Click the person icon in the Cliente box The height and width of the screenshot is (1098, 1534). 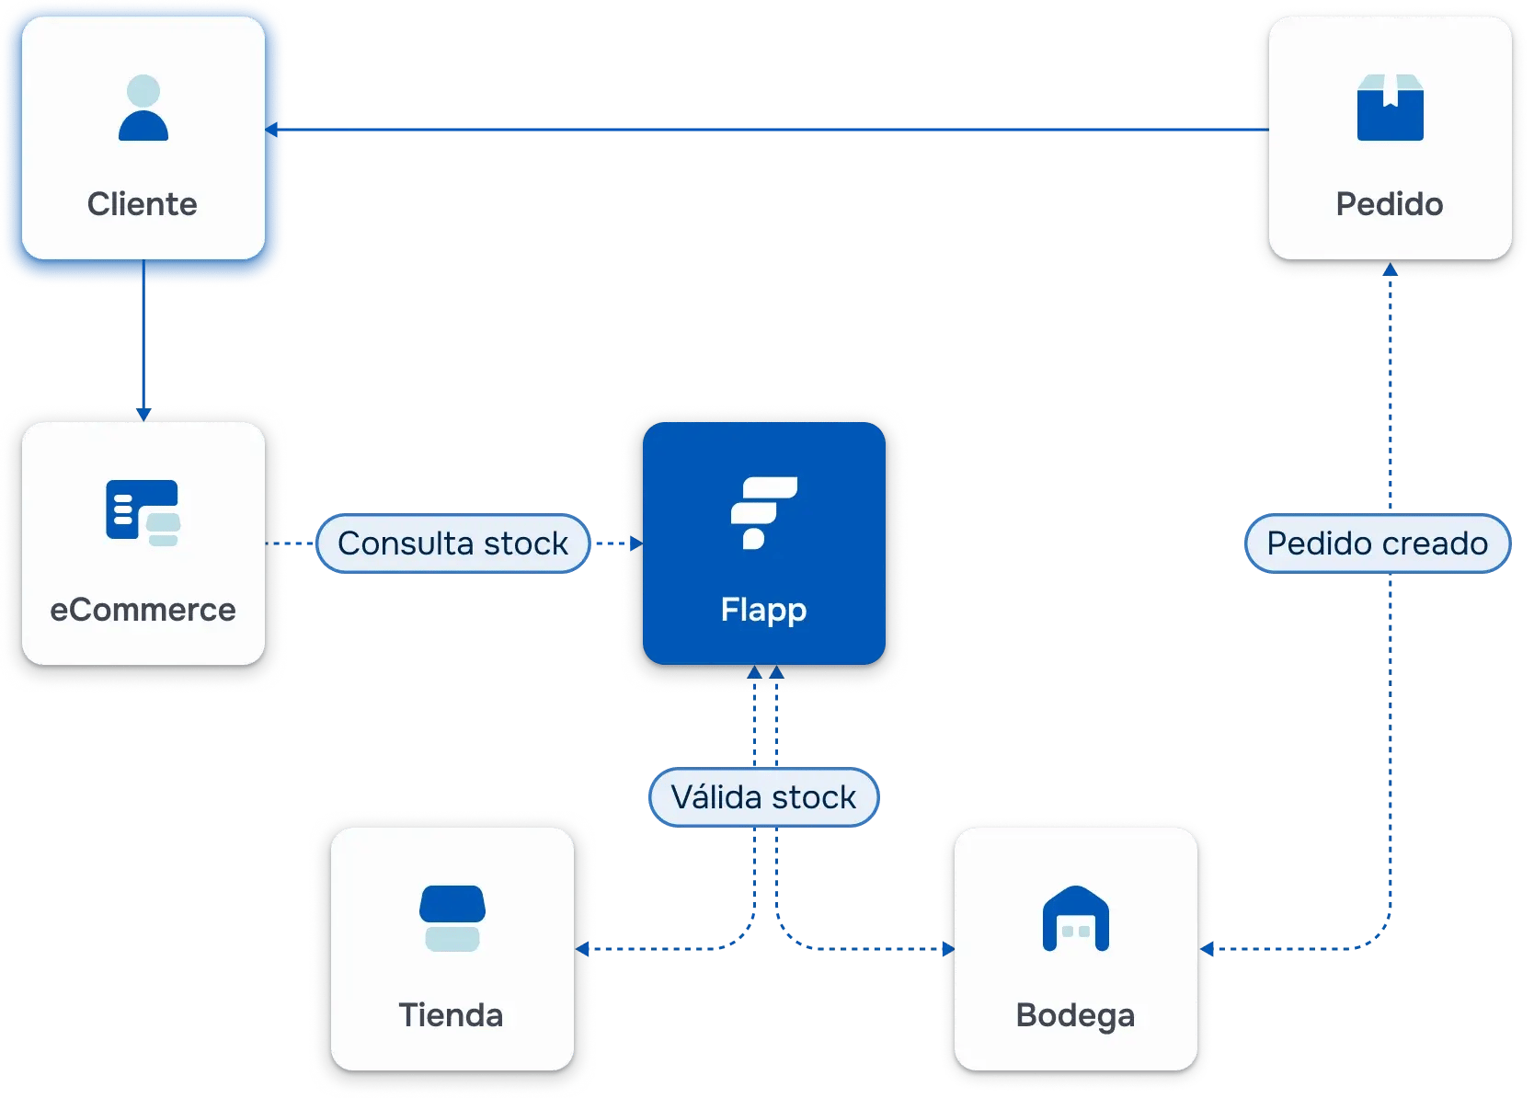tap(143, 109)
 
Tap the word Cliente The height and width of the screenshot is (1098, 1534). tap(143, 204)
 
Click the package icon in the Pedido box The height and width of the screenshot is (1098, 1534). tap(1390, 108)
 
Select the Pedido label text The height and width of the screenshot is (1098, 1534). tap(1389, 204)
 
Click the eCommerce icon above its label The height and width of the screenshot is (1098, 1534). tap(143, 512)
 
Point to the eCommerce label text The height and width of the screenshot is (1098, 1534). tap(143, 610)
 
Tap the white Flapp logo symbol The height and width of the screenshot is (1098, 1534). tap(763, 512)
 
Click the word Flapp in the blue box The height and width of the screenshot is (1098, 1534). tap(763, 610)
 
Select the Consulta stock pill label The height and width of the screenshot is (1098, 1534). tap(452, 543)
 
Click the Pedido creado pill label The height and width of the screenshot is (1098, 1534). tap(1377, 543)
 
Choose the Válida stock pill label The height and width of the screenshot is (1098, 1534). tap(763, 797)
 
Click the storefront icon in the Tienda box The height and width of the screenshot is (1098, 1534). tap(452, 918)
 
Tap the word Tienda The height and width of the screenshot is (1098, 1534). tap(451, 1015)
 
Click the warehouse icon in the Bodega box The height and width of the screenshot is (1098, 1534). tap(1075, 918)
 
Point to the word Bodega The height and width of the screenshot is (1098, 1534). tap(1075, 1015)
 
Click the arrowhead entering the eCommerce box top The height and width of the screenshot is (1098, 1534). tap(143, 415)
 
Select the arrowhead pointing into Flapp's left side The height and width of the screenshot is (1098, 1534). tap(635, 543)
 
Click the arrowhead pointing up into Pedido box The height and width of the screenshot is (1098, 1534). tap(1390, 270)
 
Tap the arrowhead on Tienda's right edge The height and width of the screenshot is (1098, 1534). tap(583, 948)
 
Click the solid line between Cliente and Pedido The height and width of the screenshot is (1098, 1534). tap(773, 130)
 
